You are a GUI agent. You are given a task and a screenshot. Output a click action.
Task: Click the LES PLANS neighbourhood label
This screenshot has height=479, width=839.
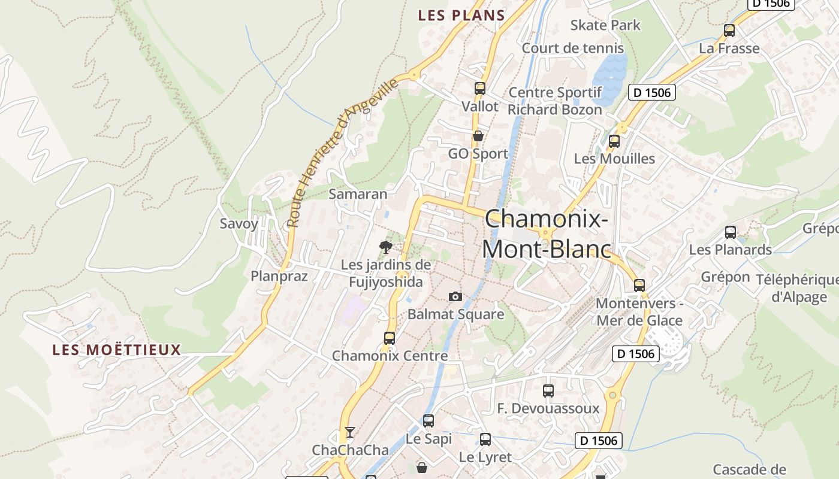[x=461, y=16]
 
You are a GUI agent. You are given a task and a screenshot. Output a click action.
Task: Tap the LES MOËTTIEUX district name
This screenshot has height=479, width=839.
[x=116, y=350]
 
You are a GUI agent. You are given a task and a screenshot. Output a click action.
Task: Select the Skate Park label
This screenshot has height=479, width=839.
[x=605, y=25]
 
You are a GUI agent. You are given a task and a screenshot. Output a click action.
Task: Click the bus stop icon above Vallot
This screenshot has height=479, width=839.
[x=479, y=89]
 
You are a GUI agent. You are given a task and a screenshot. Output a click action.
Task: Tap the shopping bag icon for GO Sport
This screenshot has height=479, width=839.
[x=478, y=136]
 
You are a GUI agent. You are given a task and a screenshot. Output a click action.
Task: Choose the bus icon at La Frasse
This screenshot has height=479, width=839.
[x=729, y=31]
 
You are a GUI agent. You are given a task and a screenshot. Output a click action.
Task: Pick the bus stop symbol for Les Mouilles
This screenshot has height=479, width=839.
[x=614, y=141]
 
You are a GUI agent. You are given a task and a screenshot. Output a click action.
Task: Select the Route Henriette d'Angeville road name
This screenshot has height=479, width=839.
[x=342, y=153]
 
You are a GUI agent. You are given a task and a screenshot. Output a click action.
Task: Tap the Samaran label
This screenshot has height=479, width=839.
[x=358, y=194]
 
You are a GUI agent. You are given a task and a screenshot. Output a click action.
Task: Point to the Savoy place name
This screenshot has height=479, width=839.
[x=239, y=224]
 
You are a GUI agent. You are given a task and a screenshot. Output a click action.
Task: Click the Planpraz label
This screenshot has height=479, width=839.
[x=279, y=276]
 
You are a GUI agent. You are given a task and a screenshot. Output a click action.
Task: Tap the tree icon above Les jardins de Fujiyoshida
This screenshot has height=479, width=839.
[x=386, y=246]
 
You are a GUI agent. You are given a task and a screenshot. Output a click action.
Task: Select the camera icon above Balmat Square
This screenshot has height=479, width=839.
[x=455, y=296]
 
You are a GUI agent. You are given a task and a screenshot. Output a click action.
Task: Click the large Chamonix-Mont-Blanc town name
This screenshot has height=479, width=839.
[x=547, y=234]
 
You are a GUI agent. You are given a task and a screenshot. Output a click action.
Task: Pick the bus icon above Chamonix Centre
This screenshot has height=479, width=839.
[x=389, y=338]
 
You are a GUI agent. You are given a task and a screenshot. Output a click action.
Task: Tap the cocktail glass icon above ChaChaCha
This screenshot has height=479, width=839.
[x=350, y=432]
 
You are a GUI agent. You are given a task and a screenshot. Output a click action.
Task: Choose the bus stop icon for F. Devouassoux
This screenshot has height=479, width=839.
[x=548, y=391]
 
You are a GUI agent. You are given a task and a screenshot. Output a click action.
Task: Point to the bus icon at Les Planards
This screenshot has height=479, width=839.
[x=730, y=232]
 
